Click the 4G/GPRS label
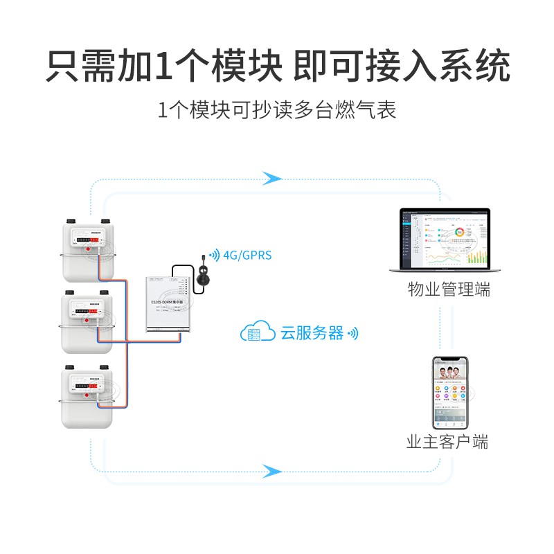tap(247, 256)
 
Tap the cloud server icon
tap(256, 333)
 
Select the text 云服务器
tap(312, 333)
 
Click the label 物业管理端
tap(448, 289)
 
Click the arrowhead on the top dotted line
tap(272, 179)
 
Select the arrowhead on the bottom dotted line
tap(272, 472)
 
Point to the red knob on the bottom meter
tap(86, 395)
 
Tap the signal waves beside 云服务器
tap(353, 334)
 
